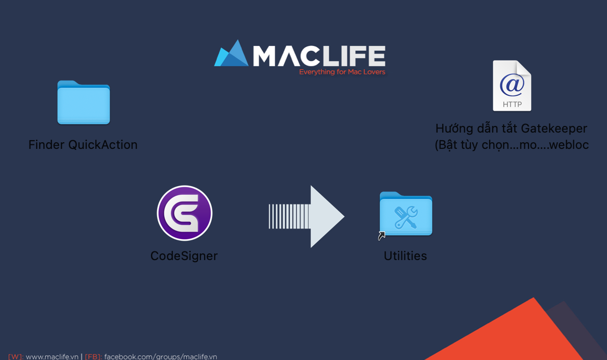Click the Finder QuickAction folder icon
pos(84,102)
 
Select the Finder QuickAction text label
pos(83,145)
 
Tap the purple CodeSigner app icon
pos(185,213)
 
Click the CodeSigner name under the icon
pos(184,256)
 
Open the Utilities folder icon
pos(406,214)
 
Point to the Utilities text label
pos(406,256)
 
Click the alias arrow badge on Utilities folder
pos(382,236)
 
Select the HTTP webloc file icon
pos(512,86)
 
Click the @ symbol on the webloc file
pos(512,85)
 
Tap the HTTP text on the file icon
pos(512,104)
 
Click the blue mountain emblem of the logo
pos(232,54)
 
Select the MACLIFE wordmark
pos(319,56)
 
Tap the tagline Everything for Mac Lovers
pos(342,72)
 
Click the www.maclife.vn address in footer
pos(52,356)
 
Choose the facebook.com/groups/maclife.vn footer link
pos(161,356)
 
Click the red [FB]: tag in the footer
pos(93,356)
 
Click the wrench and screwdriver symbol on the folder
pos(406,217)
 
